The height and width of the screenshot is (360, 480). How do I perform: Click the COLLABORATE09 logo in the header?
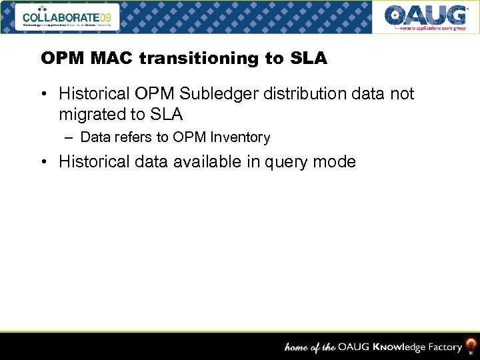pyautogui.click(x=69, y=17)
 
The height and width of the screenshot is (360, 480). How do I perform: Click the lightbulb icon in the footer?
pyautogui.click(x=471, y=345)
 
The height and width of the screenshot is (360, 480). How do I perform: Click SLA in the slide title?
pyautogui.click(x=309, y=59)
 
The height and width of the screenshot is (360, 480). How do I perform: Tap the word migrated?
pyautogui.click(x=93, y=114)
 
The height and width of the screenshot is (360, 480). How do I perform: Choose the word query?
pyautogui.click(x=278, y=161)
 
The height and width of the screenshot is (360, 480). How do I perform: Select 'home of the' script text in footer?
pyautogui.click(x=310, y=347)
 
